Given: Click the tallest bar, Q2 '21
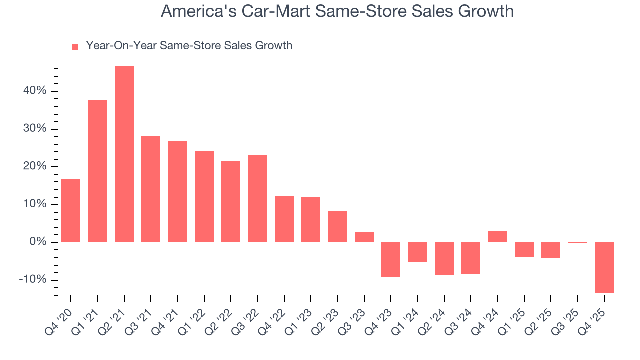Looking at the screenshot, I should click(x=124, y=154).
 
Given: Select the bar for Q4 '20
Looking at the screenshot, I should click(x=71, y=210).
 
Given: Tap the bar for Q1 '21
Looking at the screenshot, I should click(x=98, y=171).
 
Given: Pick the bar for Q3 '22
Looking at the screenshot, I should click(x=258, y=198).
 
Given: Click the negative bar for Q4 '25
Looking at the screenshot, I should click(x=604, y=267).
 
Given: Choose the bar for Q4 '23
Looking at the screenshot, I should click(x=391, y=259).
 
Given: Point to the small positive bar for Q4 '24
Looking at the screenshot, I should click(x=497, y=236).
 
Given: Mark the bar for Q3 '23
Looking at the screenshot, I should click(x=364, y=237).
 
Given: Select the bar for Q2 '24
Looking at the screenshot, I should click(x=444, y=258).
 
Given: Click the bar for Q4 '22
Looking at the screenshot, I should click(x=284, y=219).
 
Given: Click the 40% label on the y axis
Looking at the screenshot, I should click(x=34, y=91).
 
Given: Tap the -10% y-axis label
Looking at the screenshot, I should click(x=32, y=279).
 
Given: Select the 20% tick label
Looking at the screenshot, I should click(x=34, y=166).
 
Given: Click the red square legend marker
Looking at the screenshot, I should click(x=75, y=46).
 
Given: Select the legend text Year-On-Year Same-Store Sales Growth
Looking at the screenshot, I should click(x=189, y=46).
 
